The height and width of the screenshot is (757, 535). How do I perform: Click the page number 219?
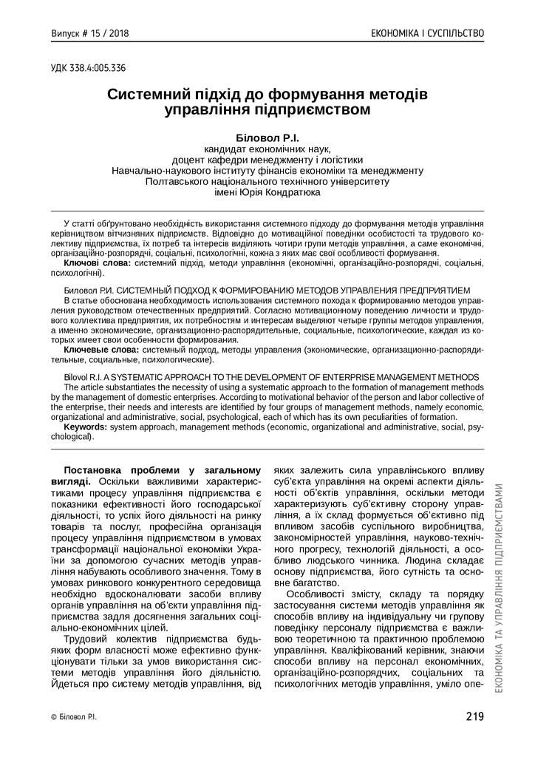click(x=475, y=716)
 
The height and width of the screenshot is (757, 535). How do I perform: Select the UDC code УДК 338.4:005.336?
click(x=88, y=69)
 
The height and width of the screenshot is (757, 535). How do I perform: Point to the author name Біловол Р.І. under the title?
click(x=267, y=138)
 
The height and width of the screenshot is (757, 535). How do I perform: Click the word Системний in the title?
click(x=151, y=95)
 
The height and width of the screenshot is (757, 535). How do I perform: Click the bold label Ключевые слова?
click(x=101, y=350)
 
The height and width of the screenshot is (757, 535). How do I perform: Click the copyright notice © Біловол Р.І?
click(x=73, y=716)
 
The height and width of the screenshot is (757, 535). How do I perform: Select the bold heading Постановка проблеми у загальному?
click(x=163, y=470)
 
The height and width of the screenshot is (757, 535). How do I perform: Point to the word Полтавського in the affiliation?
click(x=179, y=180)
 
